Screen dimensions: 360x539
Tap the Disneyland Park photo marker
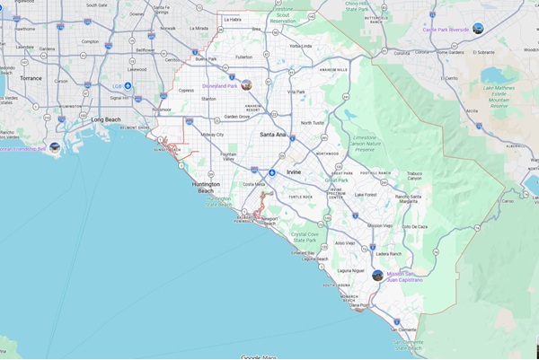coord(246,84)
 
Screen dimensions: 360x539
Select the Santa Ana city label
coord(272,134)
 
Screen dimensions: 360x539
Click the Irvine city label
coord(294,171)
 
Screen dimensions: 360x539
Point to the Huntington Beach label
coord(205,187)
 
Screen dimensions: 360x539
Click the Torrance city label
coord(31,78)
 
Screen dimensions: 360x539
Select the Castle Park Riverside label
coord(446,30)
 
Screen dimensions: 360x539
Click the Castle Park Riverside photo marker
coord(478,29)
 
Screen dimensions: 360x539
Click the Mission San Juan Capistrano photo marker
coord(377,275)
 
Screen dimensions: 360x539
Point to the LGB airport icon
coord(128,86)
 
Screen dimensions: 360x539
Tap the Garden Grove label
coord(237,117)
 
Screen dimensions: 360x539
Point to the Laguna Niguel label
coord(349,270)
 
